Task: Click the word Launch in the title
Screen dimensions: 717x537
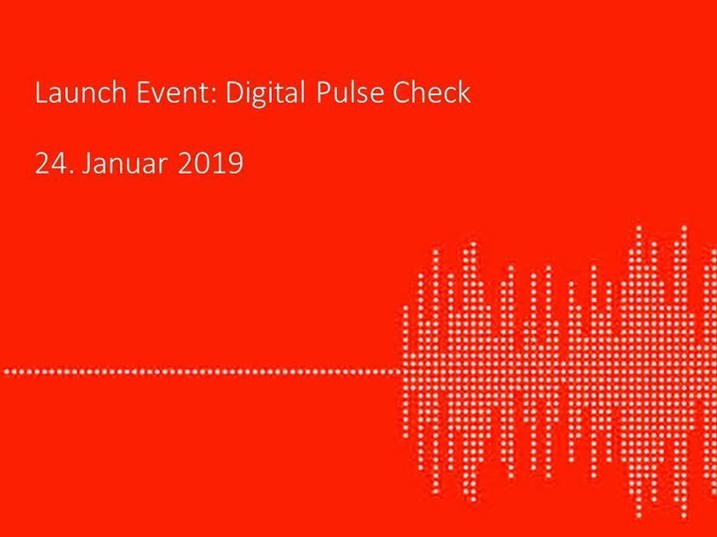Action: (x=80, y=93)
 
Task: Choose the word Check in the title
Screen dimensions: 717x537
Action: (x=431, y=93)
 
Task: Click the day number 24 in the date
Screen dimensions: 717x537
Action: (x=50, y=163)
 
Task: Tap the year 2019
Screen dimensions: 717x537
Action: (x=211, y=163)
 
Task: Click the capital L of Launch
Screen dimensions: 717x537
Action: (x=41, y=93)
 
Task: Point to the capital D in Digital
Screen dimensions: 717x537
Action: (x=235, y=93)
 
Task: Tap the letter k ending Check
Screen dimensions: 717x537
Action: (x=464, y=93)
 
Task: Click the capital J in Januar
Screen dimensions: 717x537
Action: (x=87, y=164)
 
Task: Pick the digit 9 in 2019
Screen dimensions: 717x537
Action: (x=235, y=163)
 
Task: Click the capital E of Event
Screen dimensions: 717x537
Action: (x=143, y=93)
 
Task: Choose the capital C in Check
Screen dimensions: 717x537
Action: (x=401, y=93)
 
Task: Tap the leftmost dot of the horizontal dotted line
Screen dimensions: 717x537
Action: (x=6, y=371)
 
